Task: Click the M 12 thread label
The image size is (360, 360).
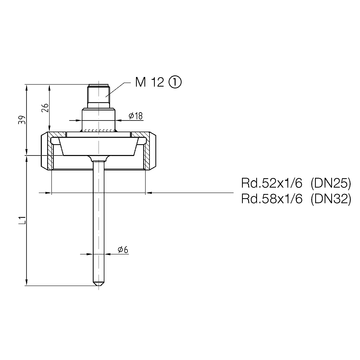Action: click(x=150, y=82)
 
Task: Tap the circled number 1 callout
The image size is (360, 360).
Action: click(x=175, y=82)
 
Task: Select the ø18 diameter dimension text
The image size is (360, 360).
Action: click(x=135, y=115)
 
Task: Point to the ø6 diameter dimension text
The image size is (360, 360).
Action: click(x=123, y=249)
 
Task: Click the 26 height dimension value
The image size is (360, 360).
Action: click(x=45, y=107)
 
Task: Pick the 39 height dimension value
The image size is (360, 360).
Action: click(x=21, y=120)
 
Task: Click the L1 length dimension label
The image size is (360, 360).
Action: click(x=22, y=220)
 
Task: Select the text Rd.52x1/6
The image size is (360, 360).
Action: click(x=272, y=183)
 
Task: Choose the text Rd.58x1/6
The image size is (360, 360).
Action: click(x=272, y=199)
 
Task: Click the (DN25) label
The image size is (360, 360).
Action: click(x=331, y=183)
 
